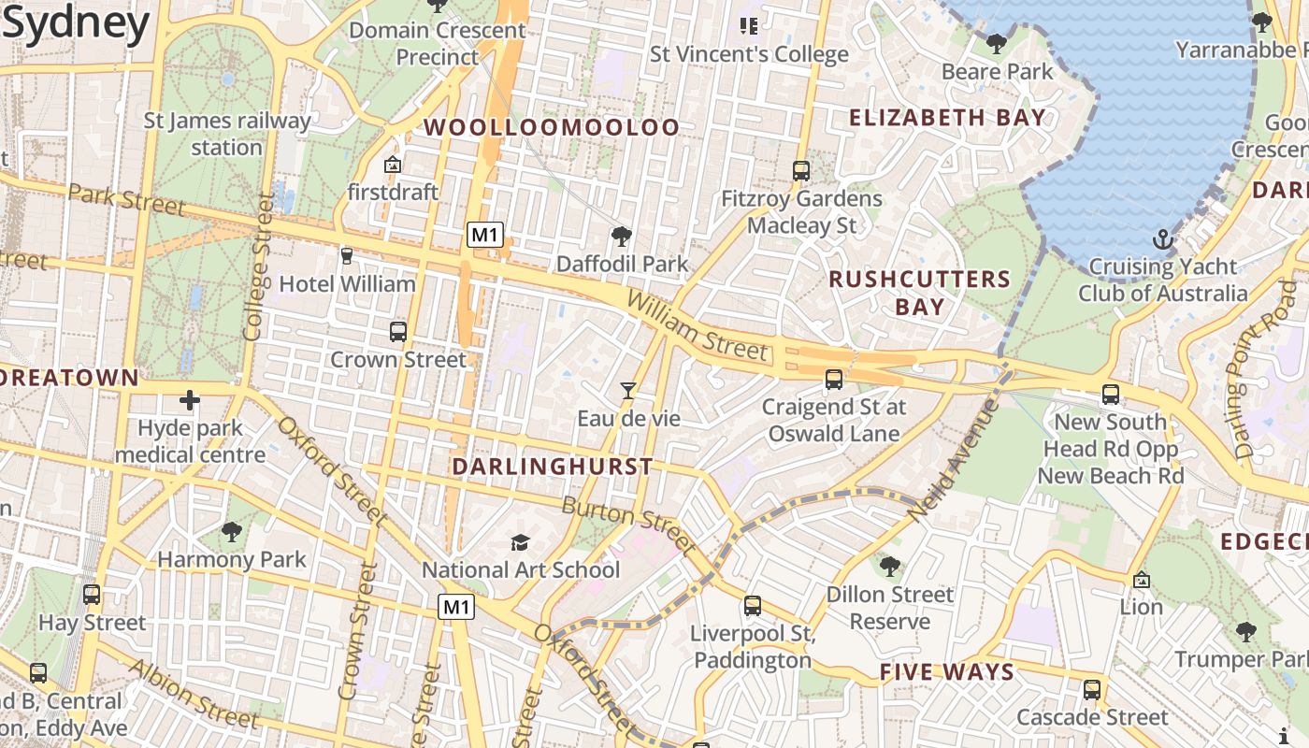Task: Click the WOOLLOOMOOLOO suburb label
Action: tap(552, 128)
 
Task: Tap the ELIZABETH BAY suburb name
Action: tap(947, 118)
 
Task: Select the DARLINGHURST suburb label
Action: tap(552, 466)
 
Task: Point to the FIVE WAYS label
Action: tap(946, 672)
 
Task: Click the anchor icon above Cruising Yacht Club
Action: tap(1162, 239)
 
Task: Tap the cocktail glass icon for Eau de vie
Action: tap(628, 390)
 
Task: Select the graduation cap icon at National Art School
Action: tap(520, 542)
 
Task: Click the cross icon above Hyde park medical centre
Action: tap(190, 400)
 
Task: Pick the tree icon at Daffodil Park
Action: tap(621, 236)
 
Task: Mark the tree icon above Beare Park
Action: tap(997, 43)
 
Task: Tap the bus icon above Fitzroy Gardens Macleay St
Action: tap(800, 170)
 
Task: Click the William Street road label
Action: tap(698, 325)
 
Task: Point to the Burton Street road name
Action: tap(628, 525)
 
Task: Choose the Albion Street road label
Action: tap(192, 693)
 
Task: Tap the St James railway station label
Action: tap(226, 134)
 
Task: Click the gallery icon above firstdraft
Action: tap(393, 165)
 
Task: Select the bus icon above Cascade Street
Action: tap(1091, 690)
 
